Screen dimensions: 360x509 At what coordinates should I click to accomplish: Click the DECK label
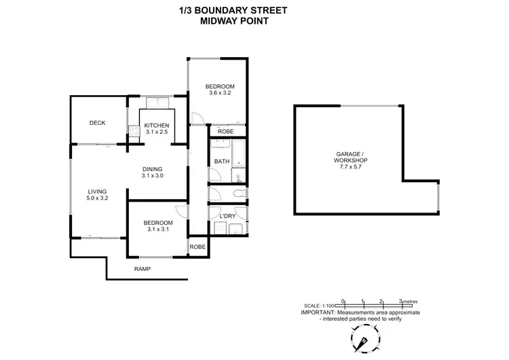tap(97, 123)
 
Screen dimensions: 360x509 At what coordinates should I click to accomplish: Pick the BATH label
tap(221, 161)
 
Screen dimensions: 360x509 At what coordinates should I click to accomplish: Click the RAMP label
tap(142, 269)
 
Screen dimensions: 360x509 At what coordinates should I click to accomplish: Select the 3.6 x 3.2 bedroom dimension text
tap(220, 94)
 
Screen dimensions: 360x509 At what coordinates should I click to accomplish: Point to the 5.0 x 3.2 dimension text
tap(97, 198)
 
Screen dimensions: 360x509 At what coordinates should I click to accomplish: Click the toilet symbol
tap(235, 194)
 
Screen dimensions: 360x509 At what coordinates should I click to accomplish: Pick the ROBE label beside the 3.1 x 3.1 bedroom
tap(197, 247)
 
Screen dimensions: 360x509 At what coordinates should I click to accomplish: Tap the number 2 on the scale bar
tap(382, 300)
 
